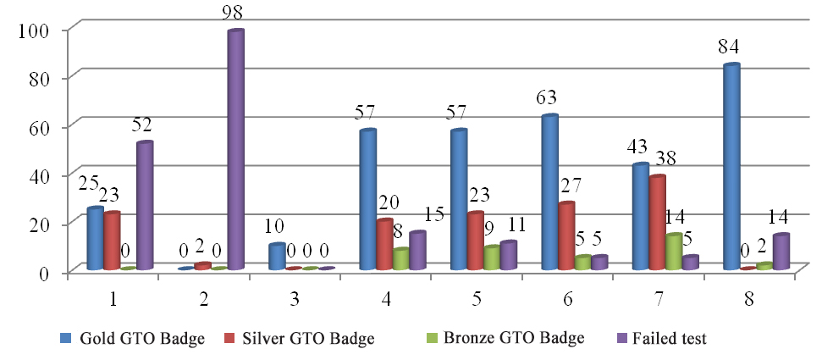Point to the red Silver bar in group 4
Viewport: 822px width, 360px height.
(384, 245)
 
